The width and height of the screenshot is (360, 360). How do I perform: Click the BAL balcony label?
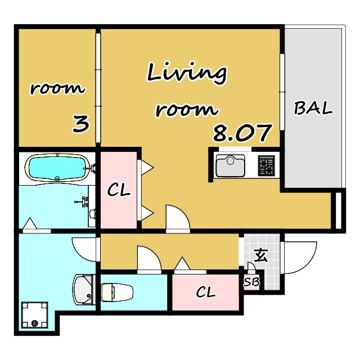pyautogui.click(x=313, y=108)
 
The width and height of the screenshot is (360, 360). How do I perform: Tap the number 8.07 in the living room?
pyautogui.click(x=242, y=133)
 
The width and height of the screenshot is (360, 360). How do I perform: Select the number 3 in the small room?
pyautogui.click(x=80, y=124)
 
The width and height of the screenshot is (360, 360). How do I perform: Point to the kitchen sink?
pyautogui.click(x=230, y=165)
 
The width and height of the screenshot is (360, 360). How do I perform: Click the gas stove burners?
pyautogui.click(x=266, y=166)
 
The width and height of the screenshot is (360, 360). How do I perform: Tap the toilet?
pyautogui.click(x=116, y=292)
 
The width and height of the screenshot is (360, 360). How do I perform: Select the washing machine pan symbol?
pyautogui.click(x=34, y=315)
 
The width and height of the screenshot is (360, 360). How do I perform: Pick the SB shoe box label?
pyautogui.click(x=251, y=282)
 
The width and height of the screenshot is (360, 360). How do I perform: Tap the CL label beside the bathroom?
pyautogui.click(x=119, y=190)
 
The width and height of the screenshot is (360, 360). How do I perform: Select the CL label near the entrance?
pyautogui.click(x=206, y=292)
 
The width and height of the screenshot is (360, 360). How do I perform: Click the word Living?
pyautogui.click(x=187, y=73)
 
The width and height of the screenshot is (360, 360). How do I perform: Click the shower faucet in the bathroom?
pyautogui.click(x=83, y=201)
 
